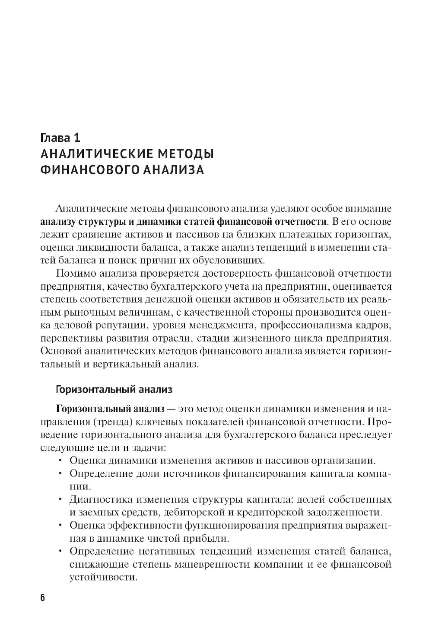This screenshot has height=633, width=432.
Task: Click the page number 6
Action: pyautogui.click(x=42, y=598)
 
